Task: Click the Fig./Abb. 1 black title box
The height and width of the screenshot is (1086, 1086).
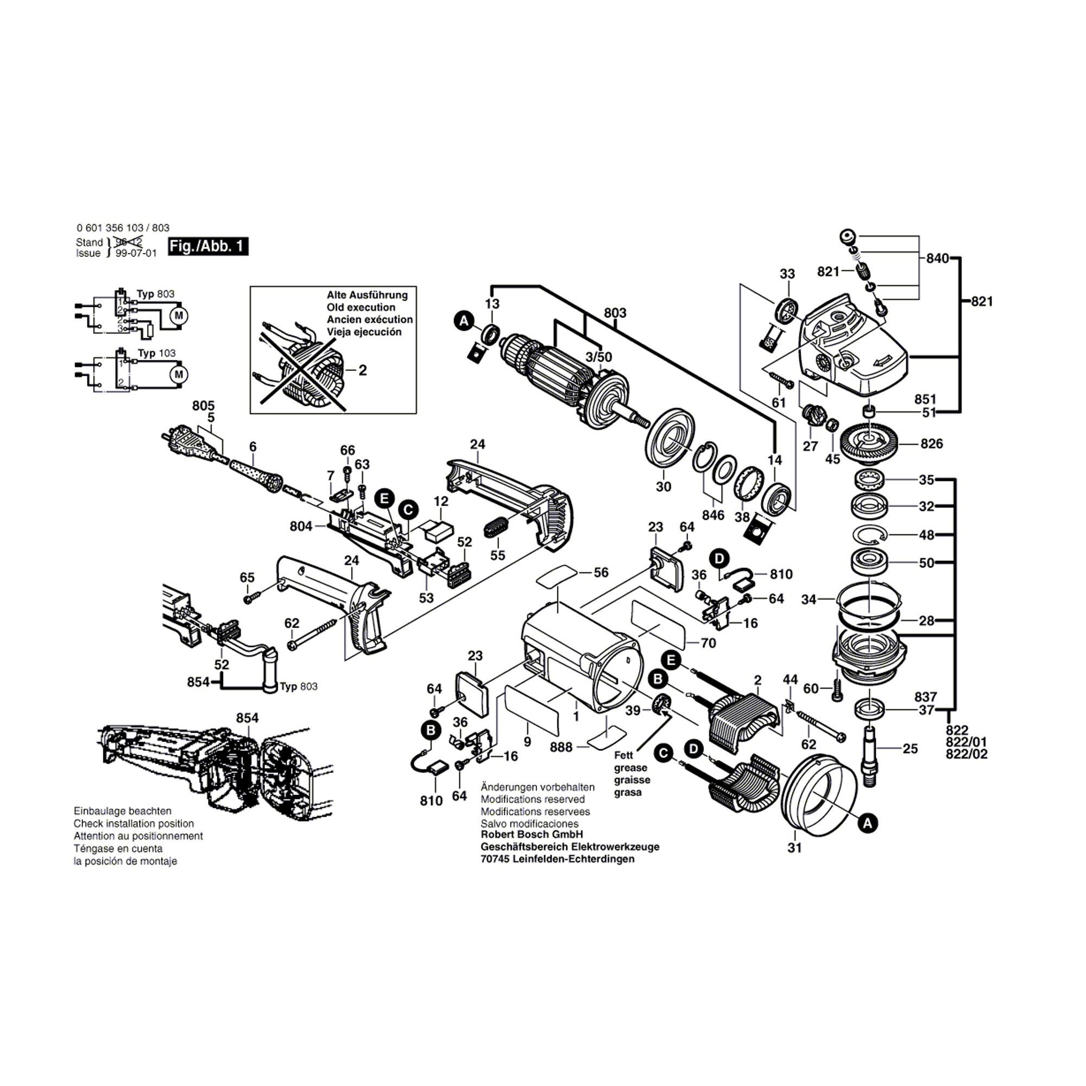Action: pos(208,246)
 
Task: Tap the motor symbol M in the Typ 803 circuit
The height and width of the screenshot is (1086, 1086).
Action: pos(179,315)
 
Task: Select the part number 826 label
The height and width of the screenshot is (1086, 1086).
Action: pos(931,444)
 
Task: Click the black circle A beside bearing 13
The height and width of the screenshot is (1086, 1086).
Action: pos(464,321)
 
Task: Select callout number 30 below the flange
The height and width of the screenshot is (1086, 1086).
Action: pos(664,487)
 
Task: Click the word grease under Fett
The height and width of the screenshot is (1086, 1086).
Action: pos(630,768)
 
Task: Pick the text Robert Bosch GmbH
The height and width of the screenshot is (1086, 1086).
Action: pos(532,834)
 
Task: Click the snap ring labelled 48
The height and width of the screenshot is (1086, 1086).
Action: pos(869,534)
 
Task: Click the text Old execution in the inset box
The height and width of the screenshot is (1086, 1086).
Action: pos(361,307)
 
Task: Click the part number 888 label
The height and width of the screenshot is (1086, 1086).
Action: pos(561,747)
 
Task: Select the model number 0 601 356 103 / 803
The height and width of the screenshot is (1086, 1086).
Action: pos(123,228)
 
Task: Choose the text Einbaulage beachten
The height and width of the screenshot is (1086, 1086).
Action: pos(123,811)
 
